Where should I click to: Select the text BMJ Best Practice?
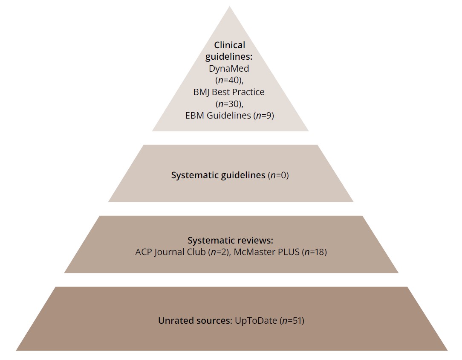pyautogui.click(x=229, y=92)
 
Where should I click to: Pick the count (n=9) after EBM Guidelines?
pyautogui.click(x=264, y=115)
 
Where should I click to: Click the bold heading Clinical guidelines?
pyautogui.click(x=230, y=51)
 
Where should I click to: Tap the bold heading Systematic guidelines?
pyautogui.click(x=218, y=175)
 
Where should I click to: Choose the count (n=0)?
pyautogui.click(x=278, y=175)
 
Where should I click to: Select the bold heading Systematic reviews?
pyautogui.click(x=230, y=241)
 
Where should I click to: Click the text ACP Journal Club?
pyautogui.click(x=170, y=252)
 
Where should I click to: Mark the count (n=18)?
pyautogui.click(x=314, y=252)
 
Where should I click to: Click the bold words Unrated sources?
pyautogui.click(x=194, y=320)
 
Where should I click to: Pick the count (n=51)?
pyautogui.click(x=292, y=320)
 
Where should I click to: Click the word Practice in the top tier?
pyautogui.click(x=249, y=92)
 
